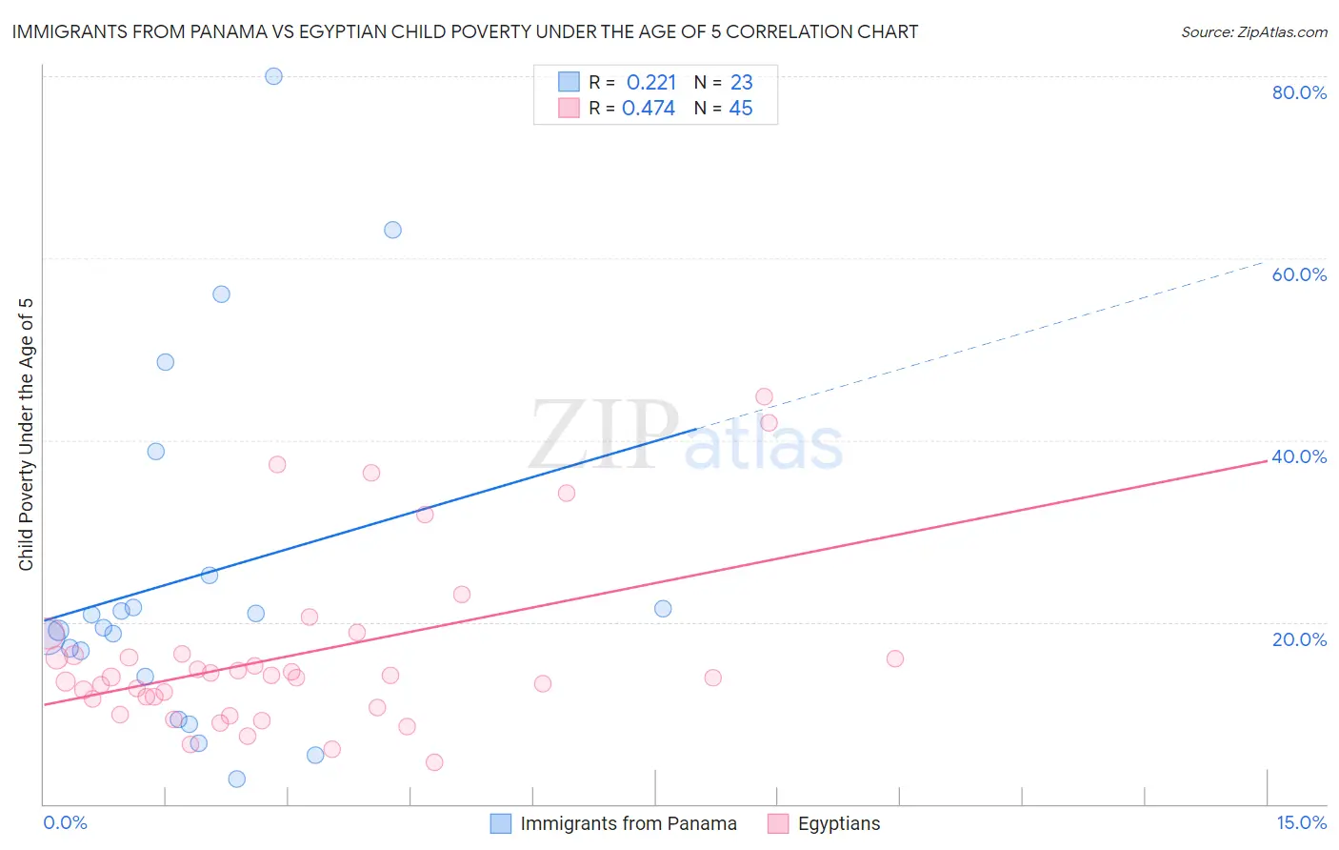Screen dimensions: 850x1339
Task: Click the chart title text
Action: pos(465,31)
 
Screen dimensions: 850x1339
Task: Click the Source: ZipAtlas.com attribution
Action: pos(1253,32)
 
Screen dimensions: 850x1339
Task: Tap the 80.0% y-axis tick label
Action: pos(1299,92)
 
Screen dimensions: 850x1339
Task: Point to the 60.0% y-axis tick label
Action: pos(1299,274)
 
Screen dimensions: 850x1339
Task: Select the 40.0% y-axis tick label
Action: pos(1299,456)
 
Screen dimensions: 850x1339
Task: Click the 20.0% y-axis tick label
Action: pos(1299,638)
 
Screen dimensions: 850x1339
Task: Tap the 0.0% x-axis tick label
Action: pos(65,822)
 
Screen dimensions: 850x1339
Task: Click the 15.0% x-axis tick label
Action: pos(1301,822)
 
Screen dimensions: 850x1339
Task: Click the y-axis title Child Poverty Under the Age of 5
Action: pos(27,435)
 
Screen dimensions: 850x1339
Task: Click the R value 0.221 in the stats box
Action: pos(651,83)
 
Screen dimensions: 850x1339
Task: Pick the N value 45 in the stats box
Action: pos(740,109)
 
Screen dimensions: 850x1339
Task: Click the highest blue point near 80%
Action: pos(273,76)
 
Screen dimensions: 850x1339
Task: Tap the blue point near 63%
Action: pos(392,230)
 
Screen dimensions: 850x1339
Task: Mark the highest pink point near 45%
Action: pos(764,396)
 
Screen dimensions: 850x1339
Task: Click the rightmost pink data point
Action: pos(894,658)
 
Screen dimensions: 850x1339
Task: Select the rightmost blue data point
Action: pos(663,608)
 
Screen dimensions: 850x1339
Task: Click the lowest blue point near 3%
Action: pos(237,779)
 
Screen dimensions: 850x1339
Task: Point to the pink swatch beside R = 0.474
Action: pos(569,108)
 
